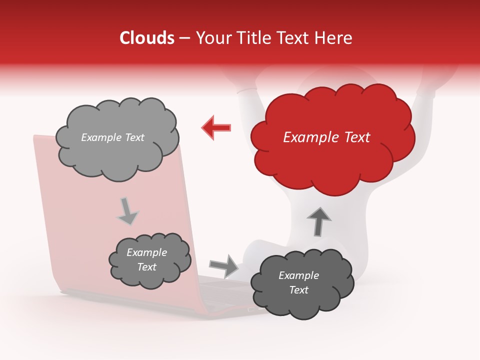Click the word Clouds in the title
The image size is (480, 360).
click(147, 38)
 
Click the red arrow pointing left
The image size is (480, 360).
click(216, 127)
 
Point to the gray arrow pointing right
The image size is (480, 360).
click(223, 265)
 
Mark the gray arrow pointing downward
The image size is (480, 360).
click(127, 211)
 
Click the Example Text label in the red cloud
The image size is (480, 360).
click(326, 137)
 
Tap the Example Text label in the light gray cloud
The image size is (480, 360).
click(112, 137)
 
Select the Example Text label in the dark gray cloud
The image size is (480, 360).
click(298, 282)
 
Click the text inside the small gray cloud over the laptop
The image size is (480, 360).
click(146, 260)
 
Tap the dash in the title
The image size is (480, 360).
click(185, 38)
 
